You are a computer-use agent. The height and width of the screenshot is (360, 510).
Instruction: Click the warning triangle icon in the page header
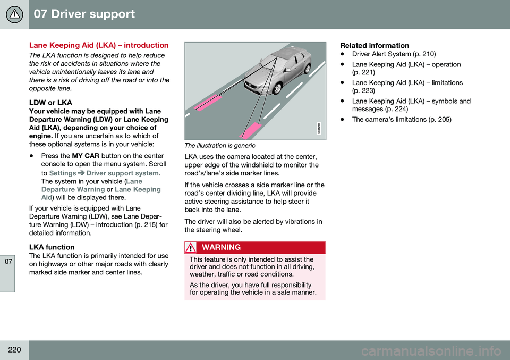pos(14,14)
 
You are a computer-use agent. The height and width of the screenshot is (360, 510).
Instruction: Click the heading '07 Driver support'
pos(84,14)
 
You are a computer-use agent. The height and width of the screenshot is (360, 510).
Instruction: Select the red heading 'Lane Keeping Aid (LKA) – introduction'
pos(99,45)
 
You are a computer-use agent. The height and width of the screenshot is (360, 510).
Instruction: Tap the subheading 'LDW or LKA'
pos(50,103)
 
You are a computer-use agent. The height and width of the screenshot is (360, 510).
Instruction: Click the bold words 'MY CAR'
pos(86,156)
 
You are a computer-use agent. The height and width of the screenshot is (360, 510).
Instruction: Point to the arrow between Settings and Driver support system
pos(81,173)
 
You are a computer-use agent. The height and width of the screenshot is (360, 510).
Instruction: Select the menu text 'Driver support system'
pos(123,173)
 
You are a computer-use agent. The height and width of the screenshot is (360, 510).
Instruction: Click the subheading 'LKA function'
pos(52,247)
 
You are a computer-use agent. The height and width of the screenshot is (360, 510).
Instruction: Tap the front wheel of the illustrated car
pos(277,88)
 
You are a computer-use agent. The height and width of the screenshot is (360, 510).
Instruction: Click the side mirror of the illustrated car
pos(287,70)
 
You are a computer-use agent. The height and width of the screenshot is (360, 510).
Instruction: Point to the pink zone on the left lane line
pos(208,103)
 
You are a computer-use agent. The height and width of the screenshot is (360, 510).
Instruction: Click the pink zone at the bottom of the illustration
pos(250,131)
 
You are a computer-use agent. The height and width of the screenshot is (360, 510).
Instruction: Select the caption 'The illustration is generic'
pos(220,146)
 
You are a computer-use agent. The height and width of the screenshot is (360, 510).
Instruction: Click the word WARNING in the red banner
pos(221,247)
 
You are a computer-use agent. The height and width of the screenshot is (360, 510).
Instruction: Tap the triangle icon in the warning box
pos(190,248)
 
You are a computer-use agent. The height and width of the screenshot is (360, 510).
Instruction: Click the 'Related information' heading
pos(375,46)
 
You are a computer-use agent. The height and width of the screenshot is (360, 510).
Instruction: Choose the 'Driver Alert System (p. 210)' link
pos(394,54)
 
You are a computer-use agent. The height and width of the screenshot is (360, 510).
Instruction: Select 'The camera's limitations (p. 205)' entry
pos(402,120)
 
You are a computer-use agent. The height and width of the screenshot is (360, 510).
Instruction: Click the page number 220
pos(14,350)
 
